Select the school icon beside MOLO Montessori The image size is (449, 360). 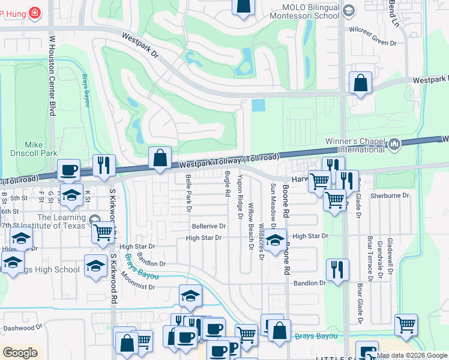click(349, 10)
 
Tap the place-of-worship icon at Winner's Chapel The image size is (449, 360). click(394, 143)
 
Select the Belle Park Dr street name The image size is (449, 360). click(188, 193)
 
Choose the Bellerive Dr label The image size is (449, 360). click(209, 227)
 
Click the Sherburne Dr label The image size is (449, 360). click(390, 196)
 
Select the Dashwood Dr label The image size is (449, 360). click(23, 328)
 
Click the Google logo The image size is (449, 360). click(20, 353)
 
